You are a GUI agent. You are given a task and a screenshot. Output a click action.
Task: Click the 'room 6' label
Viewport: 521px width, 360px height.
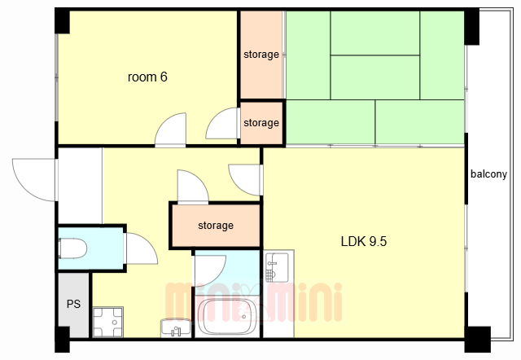pos(147,77)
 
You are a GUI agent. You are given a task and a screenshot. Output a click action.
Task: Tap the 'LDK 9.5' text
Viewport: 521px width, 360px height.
pos(364,241)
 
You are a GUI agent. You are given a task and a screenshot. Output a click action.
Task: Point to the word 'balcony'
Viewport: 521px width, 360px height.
pos(488,173)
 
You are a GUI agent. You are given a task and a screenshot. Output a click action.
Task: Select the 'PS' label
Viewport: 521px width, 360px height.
pos(73,304)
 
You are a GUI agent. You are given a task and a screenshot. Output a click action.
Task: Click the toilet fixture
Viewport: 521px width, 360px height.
pos(72,248)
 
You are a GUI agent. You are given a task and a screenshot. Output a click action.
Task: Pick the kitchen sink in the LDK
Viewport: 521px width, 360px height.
pos(277,267)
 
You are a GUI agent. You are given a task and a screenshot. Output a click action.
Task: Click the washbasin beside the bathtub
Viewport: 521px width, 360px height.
pos(176,327)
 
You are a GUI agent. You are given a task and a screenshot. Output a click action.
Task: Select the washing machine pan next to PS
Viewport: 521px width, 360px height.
pos(108,322)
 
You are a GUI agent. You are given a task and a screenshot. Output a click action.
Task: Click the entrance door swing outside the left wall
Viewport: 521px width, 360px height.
pos(33,180)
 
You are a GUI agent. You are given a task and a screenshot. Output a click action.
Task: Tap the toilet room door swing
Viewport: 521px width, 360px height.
pos(142,248)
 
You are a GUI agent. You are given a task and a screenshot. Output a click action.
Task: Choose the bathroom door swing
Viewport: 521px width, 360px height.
pos(210,270)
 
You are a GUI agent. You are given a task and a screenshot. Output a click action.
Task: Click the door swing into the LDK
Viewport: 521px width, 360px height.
pos(244,180)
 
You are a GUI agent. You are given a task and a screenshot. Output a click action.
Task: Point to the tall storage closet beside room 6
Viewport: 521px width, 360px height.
pos(261,55)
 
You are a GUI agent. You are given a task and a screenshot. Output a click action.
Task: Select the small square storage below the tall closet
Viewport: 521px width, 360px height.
pos(261,123)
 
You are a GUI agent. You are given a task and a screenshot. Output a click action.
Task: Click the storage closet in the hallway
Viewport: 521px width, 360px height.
pos(216,226)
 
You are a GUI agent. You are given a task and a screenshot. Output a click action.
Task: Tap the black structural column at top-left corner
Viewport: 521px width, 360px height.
pos(62,20)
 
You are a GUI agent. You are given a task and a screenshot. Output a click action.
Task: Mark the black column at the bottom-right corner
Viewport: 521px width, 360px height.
pos(478,340)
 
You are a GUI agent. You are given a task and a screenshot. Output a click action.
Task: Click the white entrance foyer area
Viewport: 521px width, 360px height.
pos(80,186)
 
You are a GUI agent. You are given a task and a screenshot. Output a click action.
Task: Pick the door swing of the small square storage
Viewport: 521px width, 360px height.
pos(221,123)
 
